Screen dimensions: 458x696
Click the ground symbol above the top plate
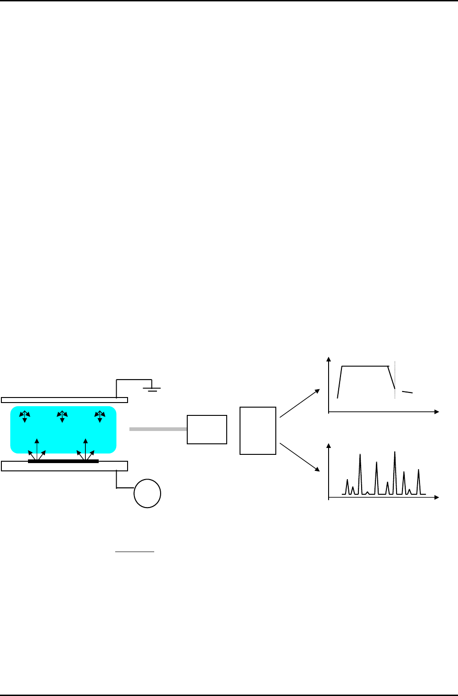(x=153, y=389)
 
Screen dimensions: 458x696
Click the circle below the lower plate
(x=147, y=493)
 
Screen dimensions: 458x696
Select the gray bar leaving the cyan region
(x=158, y=429)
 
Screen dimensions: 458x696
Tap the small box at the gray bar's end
(x=207, y=429)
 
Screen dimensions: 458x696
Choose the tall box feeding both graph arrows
(x=258, y=431)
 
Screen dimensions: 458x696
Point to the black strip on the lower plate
(x=63, y=461)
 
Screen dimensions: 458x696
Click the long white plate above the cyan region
(x=64, y=400)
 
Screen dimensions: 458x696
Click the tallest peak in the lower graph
(x=395, y=454)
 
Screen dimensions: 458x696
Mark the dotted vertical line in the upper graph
(x=395, y=381)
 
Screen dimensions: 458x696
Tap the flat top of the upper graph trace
(x=365, y=366)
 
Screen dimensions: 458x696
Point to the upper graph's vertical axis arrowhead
(x=329, y=359)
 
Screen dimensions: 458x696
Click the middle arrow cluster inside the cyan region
(x=62, y=416)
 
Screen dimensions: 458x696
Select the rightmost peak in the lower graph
(x=418, y=471)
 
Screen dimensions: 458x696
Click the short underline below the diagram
(x=134, y=552)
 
